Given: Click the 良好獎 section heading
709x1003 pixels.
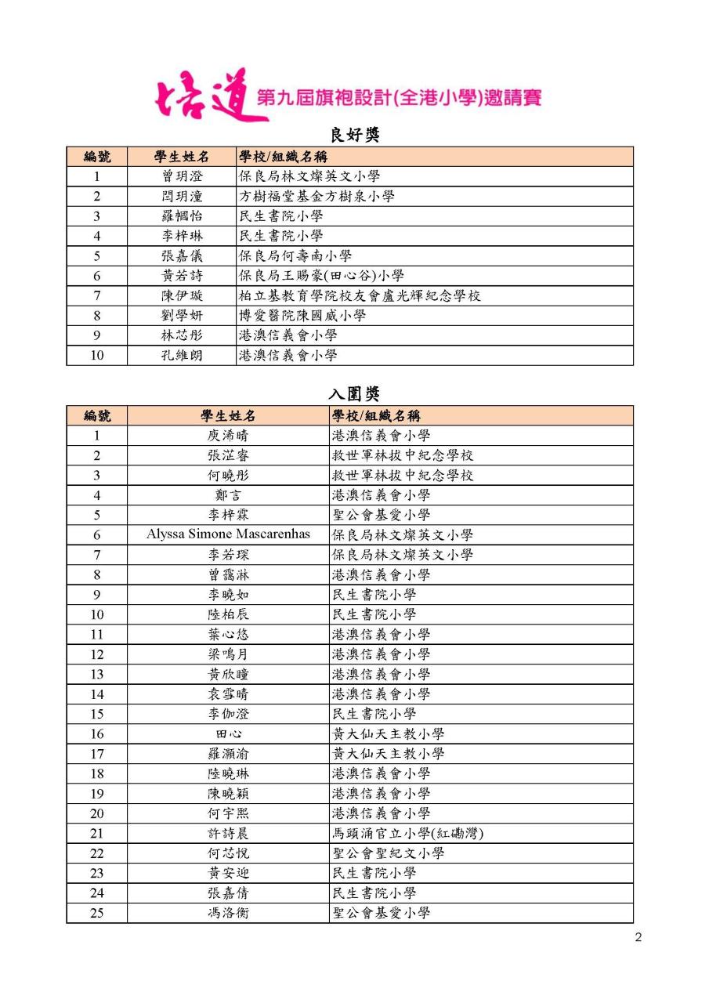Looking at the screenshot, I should [x=353, y=135].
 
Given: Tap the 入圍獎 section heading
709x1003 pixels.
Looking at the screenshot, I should [x=353, y=394].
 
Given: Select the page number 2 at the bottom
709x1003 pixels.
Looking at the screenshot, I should [x=638, y=938].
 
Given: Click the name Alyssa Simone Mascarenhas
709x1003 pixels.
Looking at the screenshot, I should [x=228, y=534].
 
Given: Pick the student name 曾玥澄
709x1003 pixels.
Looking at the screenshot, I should [x=182, y=176].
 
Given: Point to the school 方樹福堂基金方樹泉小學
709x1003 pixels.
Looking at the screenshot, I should [x=317, y=196].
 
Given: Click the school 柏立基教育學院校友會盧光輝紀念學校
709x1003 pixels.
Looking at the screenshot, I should [x=360, y=295].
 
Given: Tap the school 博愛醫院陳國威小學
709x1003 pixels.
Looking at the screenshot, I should [x=302, y=316].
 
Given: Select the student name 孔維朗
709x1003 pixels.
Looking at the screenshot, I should [x=182, y=355].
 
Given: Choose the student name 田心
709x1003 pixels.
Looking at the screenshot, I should [x=228, y=733].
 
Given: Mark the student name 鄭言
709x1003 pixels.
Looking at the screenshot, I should [x=228, y=495].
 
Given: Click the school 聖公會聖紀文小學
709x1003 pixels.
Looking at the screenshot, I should [x=389, y=853].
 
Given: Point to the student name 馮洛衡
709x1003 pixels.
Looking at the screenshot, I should [x=228, y=913].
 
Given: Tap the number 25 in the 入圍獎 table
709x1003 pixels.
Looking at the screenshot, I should [x=96, y=913].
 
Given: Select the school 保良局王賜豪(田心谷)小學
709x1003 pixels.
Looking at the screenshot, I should [x=321, y=276].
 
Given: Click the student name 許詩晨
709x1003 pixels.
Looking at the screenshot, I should [x=228, y=833].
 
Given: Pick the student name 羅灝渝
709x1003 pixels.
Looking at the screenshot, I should [x=228, y=754].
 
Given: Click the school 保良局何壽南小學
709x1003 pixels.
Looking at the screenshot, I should [x=295, y=255].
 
